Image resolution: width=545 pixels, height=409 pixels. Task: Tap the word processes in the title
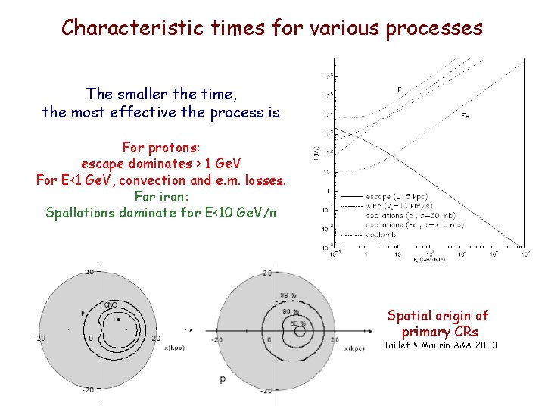click(434, 28)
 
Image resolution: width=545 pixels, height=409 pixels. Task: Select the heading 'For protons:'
click(160, 147)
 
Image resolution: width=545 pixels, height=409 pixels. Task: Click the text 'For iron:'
click(160, 196)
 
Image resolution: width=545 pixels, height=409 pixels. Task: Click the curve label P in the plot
click(400, 90)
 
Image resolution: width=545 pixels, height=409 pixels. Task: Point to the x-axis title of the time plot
click(428, 260)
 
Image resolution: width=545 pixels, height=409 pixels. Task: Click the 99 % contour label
click(288, 295)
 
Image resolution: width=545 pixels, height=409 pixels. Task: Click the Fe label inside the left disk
click(116, 319)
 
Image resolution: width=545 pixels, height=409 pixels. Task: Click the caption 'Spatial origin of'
click(438, 316)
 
